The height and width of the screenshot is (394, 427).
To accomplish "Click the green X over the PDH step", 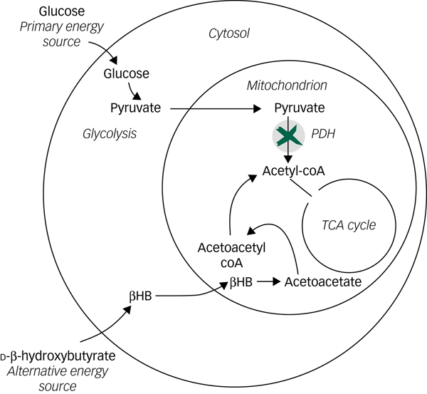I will [288, 135].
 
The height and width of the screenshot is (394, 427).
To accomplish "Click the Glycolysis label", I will [109, 133].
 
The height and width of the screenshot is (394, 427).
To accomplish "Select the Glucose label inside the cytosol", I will [126, 73].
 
